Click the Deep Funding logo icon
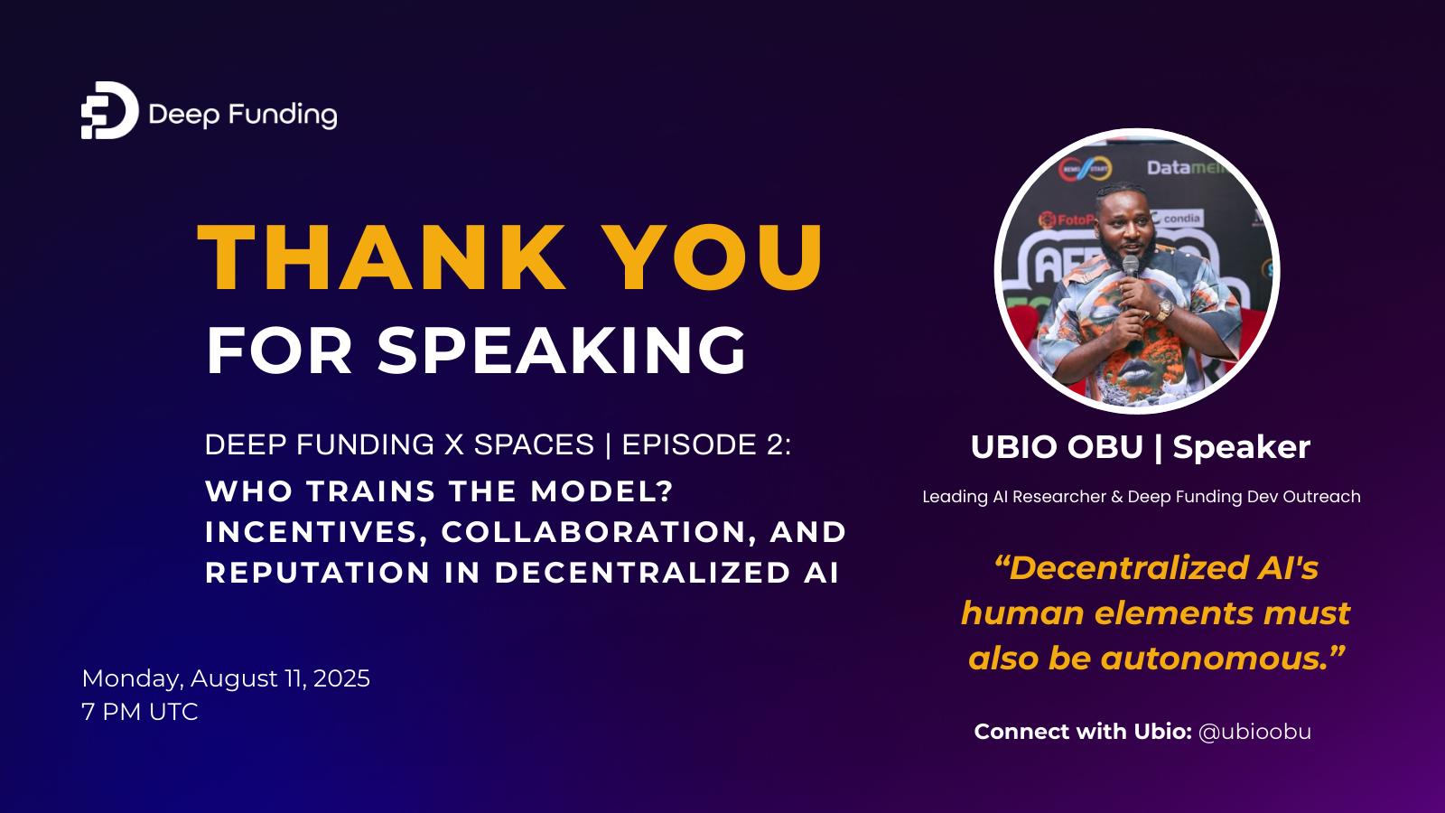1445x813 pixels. click(x=109, y=110)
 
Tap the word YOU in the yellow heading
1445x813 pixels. click(x=713, y=258)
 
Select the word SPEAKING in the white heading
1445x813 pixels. click(x=562, y=350)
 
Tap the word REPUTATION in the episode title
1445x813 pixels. click(x=317, y=573)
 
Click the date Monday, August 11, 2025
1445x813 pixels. click(x=226, y=678)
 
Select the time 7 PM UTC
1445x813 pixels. click(x=140, y=712)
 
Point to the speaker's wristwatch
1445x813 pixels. click(x=1165, y=310)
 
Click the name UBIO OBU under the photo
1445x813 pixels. click(x=1057, y=447)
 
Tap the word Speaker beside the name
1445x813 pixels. click(x=1241, y=447)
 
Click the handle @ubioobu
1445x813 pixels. click(x=1254, y=732)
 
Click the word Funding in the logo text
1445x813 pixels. click(x=283, y=115)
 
